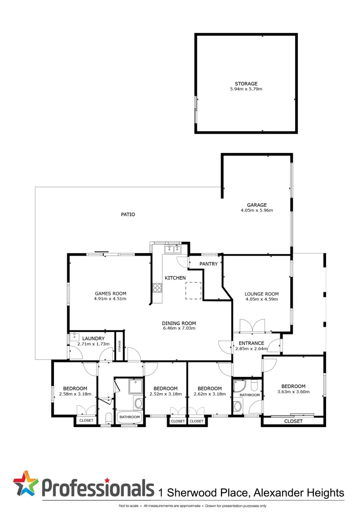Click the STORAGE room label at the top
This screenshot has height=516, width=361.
[x=246, y=84]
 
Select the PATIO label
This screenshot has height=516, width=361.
[x=127, y=215]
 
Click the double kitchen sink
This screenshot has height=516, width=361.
[x=172, y=248]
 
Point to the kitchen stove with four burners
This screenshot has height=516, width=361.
[x=157, y=288]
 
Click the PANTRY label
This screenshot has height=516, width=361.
[x=209, y=264]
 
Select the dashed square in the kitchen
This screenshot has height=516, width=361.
[x=193, y=290]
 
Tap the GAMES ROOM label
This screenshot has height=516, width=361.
[x=110, y=293]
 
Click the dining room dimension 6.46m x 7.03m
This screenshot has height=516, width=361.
[x=179, y=328]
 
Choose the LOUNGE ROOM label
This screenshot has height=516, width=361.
[x=261, y=294]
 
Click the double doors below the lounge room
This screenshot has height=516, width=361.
[x=252, y=326]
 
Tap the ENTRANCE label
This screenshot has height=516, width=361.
[x=251, y=343]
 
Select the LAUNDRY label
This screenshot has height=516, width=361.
[x=93, y=338]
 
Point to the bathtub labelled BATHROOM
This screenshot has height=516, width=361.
[x=129, y=417]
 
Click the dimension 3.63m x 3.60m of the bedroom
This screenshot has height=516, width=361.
[x=293, y=392]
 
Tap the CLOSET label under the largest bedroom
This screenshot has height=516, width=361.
[x=293, y=421]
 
